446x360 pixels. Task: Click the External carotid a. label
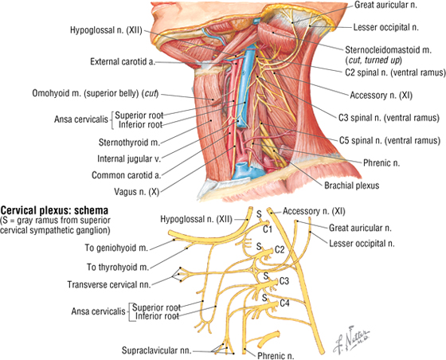coord(123,61)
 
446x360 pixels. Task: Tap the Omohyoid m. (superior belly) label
coord(95,93)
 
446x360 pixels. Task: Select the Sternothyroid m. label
coord(129,143)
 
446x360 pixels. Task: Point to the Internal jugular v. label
coord(129,158)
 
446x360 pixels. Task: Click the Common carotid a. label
coord(127,175)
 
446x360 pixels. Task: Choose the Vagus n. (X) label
coord(136,192)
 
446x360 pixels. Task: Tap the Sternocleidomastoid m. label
coord(389,50)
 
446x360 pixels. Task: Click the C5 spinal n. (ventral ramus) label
coord(389,140)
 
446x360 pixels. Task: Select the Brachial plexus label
coord(352,186)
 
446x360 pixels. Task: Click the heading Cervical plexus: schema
coord(55,210)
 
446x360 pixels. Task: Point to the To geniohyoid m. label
coord(116,248)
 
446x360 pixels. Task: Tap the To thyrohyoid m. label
coord(118,268)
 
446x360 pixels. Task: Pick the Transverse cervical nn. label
coord(109,284)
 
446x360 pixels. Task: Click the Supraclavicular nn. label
coord(156,350)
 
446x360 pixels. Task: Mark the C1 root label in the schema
coord(268,229)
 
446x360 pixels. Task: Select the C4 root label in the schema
coord(284,303)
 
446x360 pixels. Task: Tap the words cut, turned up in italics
coord(373,61)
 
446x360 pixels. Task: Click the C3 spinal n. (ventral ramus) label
coord(389,118)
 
